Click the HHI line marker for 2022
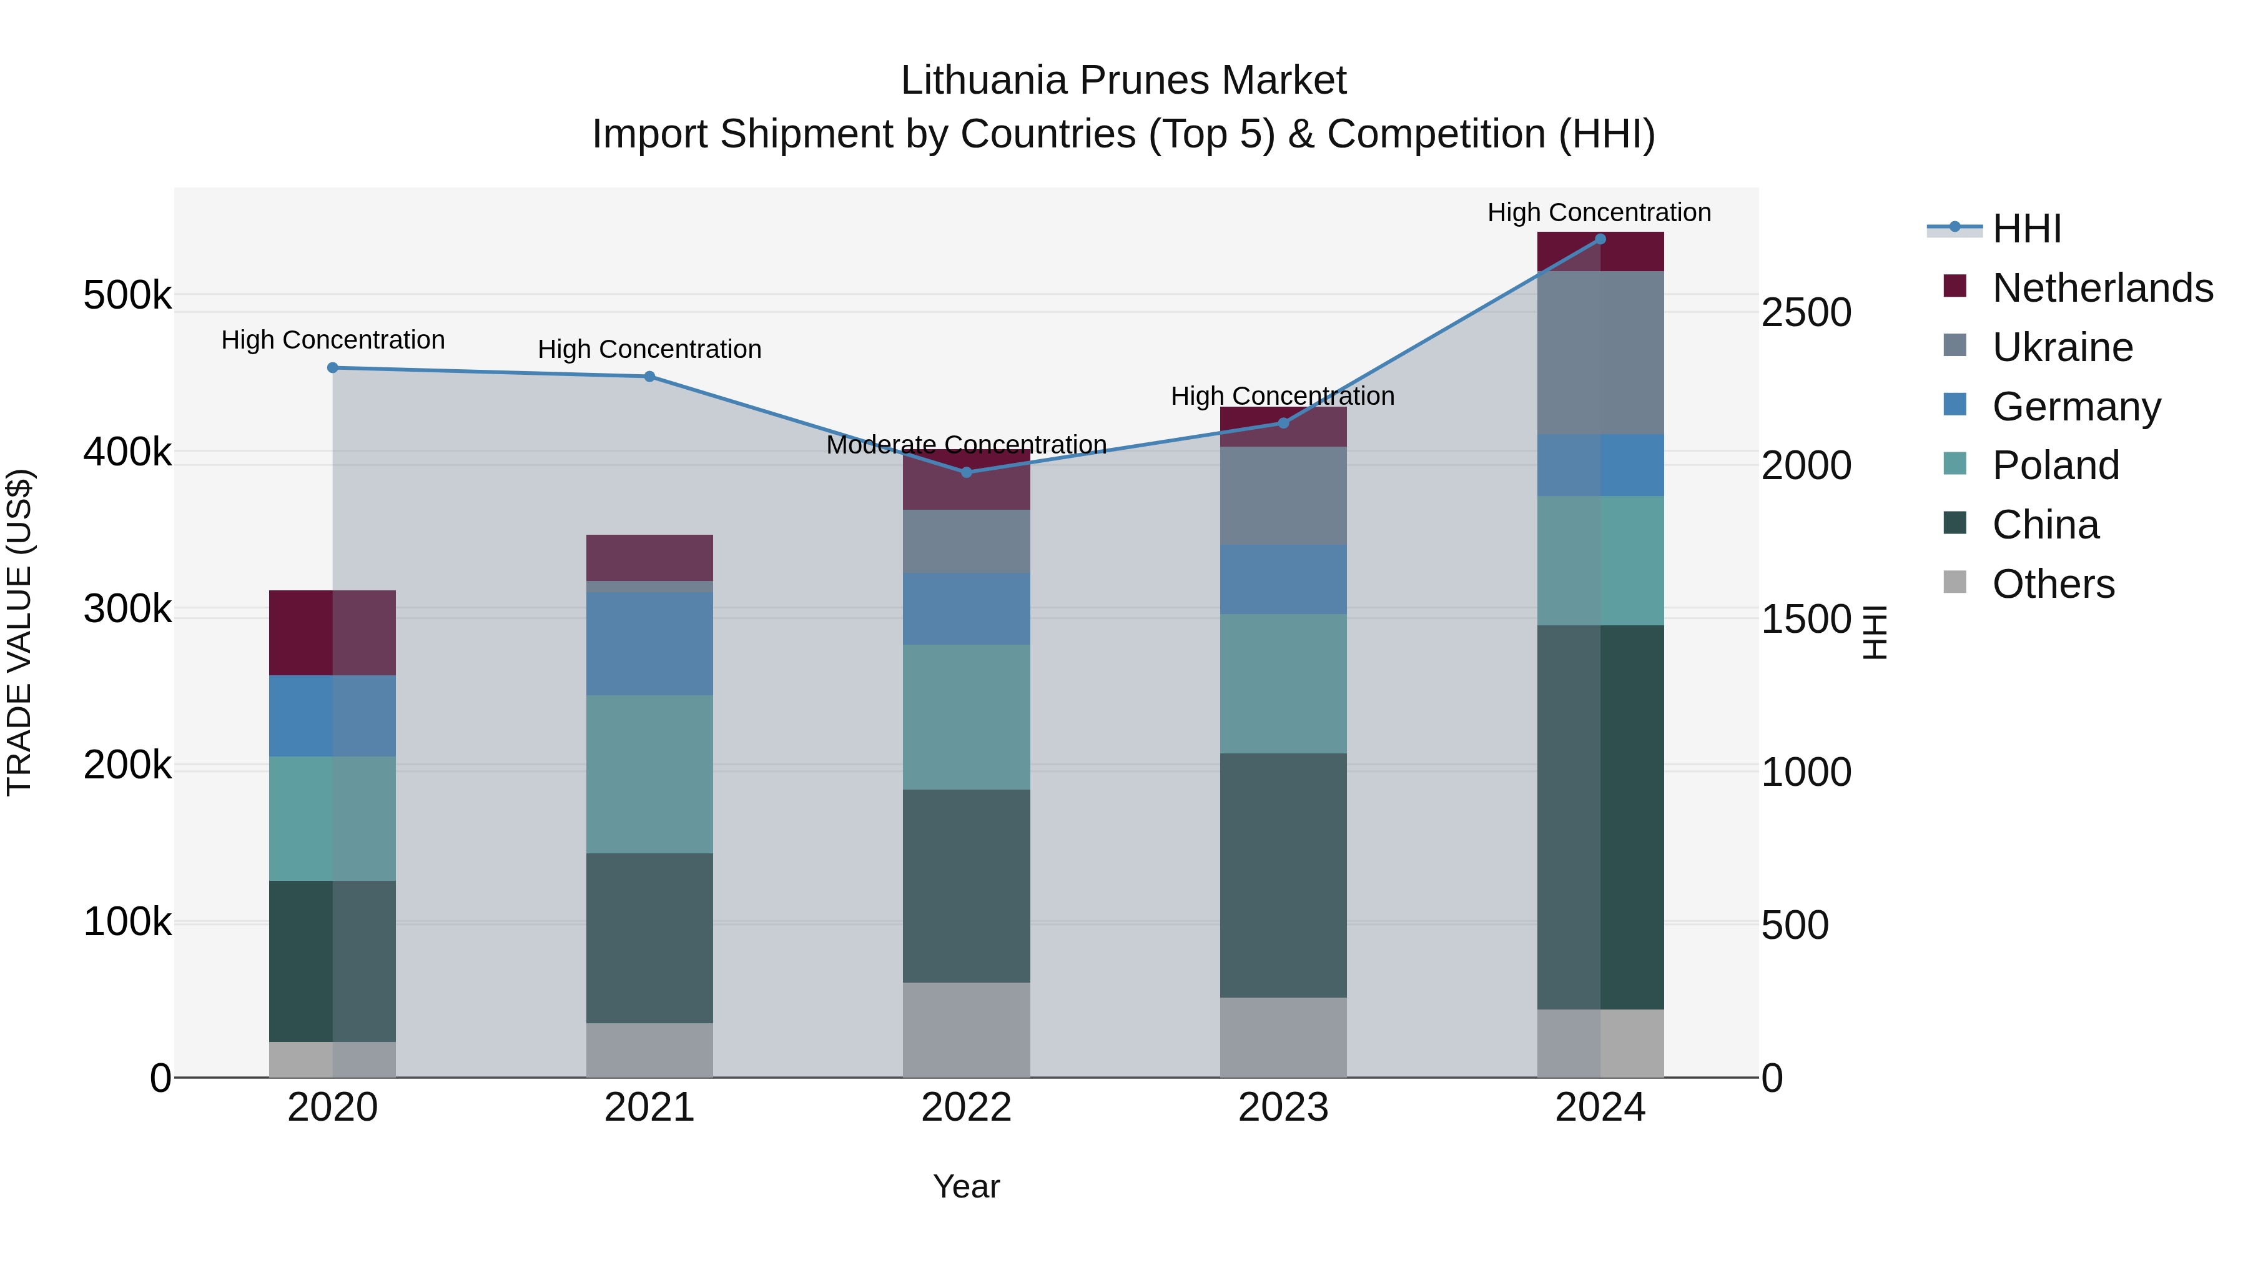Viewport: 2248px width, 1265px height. coord(966,472)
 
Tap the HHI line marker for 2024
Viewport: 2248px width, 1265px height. coord(1600,239)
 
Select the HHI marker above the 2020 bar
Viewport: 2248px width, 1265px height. coord(332,367)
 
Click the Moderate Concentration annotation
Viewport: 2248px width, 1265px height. coord(966,445)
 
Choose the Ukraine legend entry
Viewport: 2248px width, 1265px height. coord(2062,347)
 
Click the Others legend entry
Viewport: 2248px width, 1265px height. coord(2053,584)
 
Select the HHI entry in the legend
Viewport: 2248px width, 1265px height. coord(2026,229)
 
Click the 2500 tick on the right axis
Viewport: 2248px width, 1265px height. coord(1805,312)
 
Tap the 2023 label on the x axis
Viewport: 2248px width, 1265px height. coord(1283,1108)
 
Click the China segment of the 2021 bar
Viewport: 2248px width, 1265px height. coord(649,938)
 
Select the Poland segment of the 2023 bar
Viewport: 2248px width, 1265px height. coord(1283,683)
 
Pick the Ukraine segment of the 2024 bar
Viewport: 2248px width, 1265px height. coord(1600,353)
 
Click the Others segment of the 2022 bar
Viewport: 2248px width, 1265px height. coord(966,1029)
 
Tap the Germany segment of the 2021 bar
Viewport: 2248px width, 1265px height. coord(649,643)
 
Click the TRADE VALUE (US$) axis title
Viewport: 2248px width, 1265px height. coord(19,632)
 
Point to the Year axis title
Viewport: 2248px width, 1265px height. coord(966,1186)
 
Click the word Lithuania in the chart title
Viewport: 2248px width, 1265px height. coord(983,81)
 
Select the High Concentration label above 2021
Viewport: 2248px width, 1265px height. coord(649,349)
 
